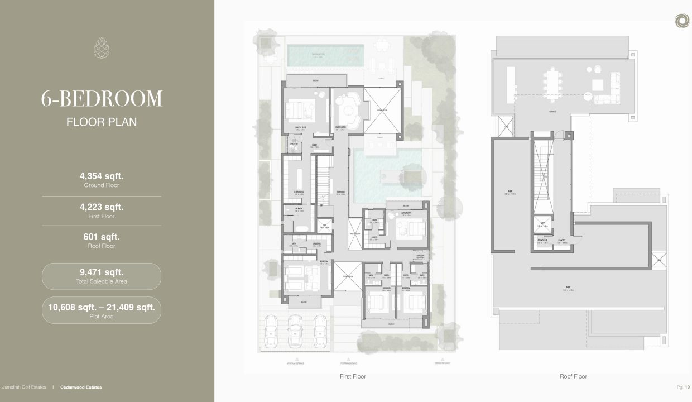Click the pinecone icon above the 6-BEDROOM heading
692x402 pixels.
(x=102, y=47)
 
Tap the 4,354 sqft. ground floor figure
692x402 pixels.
(x=102, y=176)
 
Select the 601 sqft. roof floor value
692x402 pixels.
(x=102, y=237)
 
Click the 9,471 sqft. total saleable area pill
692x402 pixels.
(x=102, y=276)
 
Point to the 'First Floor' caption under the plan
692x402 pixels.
(x=353, y=376)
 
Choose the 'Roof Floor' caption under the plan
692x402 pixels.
(x=573, y=376)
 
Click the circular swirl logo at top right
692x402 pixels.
(x=681, y=21)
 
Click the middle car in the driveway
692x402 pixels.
(x=295, y=331)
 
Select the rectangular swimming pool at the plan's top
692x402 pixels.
(x=325, y=55)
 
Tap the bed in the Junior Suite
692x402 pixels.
(x=411, y=228)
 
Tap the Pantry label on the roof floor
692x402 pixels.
(x=561, y=241)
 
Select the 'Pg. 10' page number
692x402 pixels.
(x=683, y=387)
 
